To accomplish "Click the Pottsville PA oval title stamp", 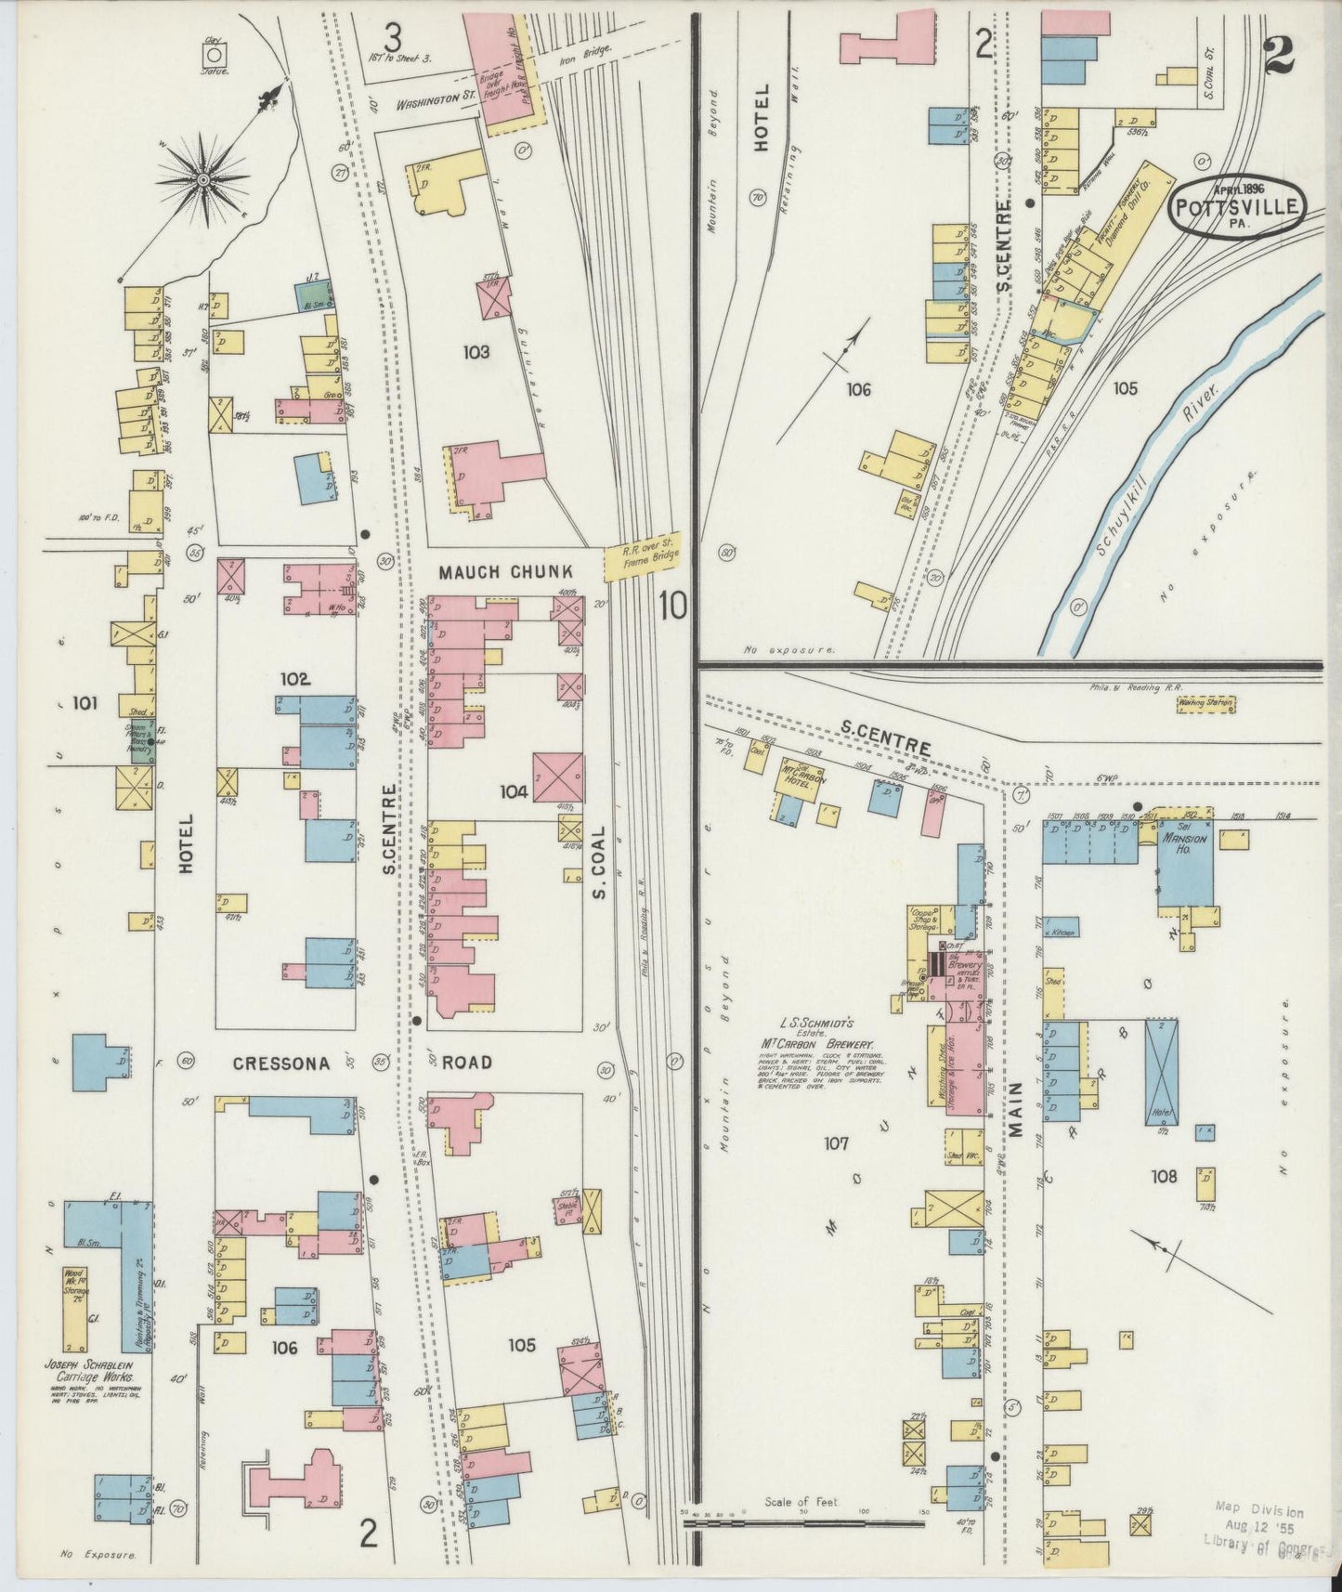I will click(x=1236, y=209).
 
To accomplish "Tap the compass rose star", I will click(x=202, y=177).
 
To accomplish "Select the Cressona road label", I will click(x=282, y=1064).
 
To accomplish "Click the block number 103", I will click(x=480, y=352).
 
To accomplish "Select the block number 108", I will click(x=1164, y=1177).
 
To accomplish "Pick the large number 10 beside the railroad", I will click(x=672, y=607).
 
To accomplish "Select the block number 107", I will click(x=836, y=1143).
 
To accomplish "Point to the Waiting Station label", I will click(x=1205, y=703).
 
